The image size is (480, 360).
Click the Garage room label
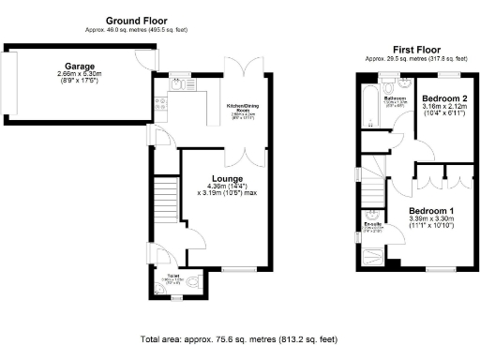click(x=79, y=66)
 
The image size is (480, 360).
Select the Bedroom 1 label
click(x=431, y=211)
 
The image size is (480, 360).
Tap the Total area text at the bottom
click(x=238, y=338)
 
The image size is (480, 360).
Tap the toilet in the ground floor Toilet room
click(x=191, y=281)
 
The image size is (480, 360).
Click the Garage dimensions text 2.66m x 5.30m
click(x=79, y=74)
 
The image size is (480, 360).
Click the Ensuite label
click(x=373, y=223)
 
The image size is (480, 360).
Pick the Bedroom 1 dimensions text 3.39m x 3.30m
click(x=431, y=221)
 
